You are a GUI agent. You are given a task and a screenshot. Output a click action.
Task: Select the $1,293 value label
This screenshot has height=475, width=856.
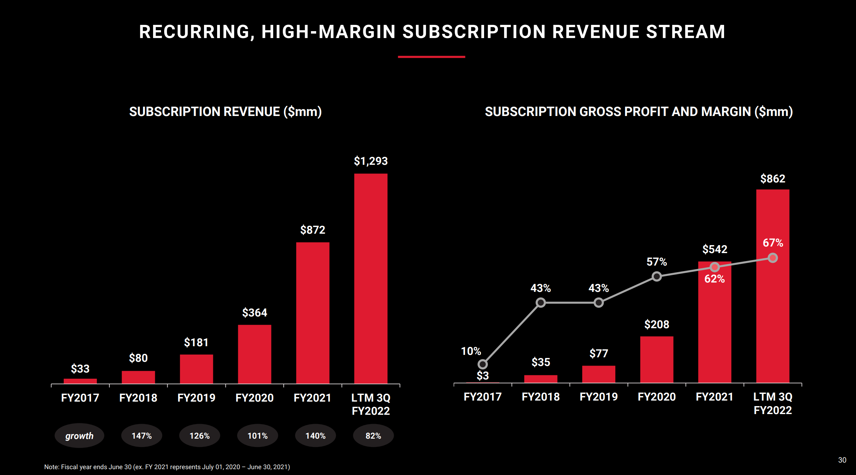(x=371, y=161)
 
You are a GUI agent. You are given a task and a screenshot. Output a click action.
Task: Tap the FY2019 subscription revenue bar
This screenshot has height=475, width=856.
(x=196, y=369)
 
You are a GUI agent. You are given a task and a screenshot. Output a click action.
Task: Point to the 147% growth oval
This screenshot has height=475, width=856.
(x=142, y=436)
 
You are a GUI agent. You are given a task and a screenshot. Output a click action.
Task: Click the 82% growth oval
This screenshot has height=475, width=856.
(x=373, y=436)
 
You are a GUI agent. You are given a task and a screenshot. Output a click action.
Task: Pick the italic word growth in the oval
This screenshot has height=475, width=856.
(x=79, y=436)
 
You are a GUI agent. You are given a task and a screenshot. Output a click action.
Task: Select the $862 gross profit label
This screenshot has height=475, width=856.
(x=773, y=179)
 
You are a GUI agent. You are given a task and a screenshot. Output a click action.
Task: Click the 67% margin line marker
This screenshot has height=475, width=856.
(x=773, y=258)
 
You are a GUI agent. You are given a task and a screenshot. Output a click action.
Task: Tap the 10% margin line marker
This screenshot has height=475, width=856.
(x=482, y=364)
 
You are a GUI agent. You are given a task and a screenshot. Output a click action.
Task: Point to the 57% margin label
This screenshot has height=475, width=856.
(x=657, y=262)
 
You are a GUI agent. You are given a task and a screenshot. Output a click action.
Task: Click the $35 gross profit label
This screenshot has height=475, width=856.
(x=541, y=362)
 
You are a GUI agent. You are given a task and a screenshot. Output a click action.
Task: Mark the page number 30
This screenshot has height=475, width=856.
(x=842, y=460)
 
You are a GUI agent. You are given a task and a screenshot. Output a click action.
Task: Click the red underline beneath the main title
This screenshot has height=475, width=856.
(x=431, y=57)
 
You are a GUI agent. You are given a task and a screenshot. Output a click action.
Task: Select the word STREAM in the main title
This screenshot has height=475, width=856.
(x=685, y=32)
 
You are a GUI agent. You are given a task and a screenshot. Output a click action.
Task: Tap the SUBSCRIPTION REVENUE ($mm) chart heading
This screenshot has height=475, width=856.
(x=225, y=111)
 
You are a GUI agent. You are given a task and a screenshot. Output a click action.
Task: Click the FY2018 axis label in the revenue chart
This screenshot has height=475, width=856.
(x=138, y=398)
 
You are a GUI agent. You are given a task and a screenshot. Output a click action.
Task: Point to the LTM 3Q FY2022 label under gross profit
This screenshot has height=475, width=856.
(x=773, y=404)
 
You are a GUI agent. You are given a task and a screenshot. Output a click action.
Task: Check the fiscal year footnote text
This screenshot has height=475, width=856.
(x=167, y=467)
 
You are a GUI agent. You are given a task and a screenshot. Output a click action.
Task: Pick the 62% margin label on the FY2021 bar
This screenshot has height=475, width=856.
(x=714, y=279)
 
